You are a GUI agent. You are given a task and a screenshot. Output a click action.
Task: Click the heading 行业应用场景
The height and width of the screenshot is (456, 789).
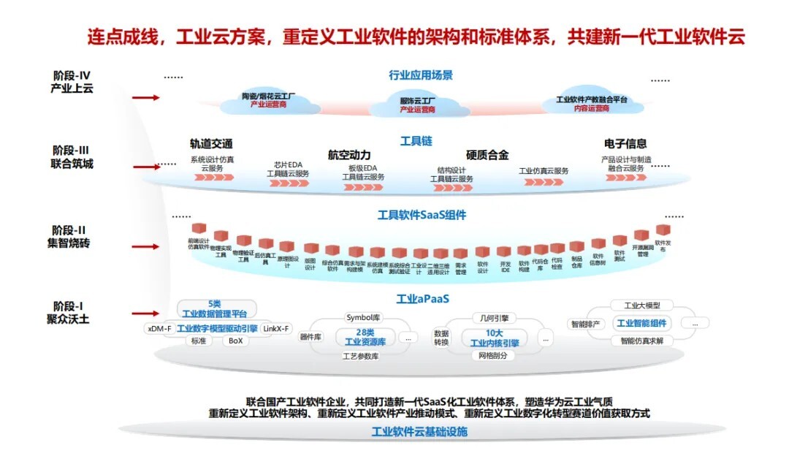pos(421,75)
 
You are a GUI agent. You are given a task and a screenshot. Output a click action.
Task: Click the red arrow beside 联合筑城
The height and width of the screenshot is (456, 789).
pos(147,167)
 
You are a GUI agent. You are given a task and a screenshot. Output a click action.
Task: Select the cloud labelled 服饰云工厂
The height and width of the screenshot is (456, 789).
pos(417,104)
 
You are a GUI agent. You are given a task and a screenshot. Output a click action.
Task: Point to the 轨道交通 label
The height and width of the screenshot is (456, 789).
pos(211,144)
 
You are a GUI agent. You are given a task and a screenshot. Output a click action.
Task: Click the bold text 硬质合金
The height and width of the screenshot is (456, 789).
pos(487,155)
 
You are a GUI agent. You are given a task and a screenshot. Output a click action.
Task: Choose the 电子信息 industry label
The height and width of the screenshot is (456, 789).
pos(625,144)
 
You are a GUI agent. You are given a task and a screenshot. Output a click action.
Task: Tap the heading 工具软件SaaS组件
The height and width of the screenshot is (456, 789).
pos(422,215)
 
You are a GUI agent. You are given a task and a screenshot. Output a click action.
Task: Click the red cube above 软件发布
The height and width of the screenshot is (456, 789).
pos(663,230)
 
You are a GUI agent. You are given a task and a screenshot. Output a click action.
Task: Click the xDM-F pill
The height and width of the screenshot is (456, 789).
pos(159,329)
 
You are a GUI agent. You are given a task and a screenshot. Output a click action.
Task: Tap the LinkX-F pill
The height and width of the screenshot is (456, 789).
pos(276,329)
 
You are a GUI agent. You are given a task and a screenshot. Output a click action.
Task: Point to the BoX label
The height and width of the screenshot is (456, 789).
pos(235,341)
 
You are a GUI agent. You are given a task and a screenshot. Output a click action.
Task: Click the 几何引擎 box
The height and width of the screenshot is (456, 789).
pos(495,319)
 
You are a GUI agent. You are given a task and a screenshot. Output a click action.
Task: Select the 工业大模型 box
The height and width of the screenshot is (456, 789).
pos(642,305)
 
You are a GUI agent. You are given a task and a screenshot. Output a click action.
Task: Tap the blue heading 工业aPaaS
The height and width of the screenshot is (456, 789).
pos(422,300)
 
